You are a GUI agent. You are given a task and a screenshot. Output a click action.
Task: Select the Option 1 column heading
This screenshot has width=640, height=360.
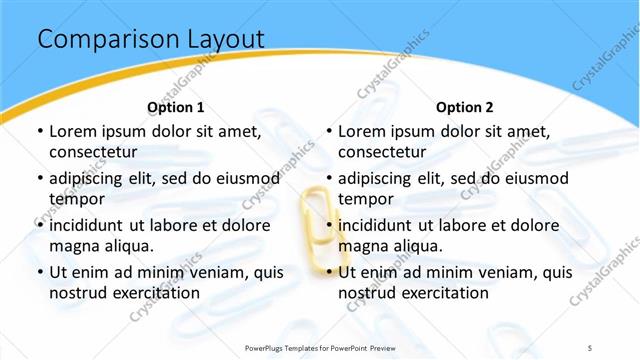click(176, 107)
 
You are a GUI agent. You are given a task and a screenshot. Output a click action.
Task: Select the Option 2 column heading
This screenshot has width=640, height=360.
click(465, 107)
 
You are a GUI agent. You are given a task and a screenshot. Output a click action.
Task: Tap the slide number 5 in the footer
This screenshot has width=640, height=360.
click(590, 347)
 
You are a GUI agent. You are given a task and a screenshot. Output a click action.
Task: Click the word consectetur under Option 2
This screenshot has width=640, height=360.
click(382, 152)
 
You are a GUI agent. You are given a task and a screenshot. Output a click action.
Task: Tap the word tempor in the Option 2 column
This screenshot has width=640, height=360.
click(364, 199)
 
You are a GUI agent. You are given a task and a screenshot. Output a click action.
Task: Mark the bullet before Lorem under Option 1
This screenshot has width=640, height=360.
click(39, 131)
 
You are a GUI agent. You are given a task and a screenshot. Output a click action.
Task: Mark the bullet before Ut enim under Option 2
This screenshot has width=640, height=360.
click(328, 272)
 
